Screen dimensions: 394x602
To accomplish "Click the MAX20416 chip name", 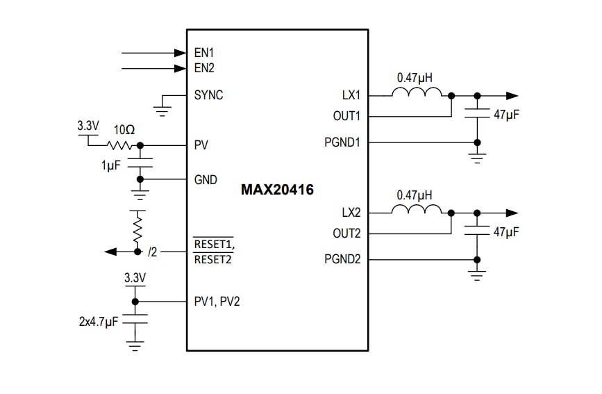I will pyautogui.click(x=277, y=190).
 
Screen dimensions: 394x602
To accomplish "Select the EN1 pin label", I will pyautogui.click(x=204, y=53).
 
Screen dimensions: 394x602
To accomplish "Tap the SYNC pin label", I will pyautogui.click(x=208, y=95).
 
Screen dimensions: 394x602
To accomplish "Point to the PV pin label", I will pyautogui.click(x=201, y=145).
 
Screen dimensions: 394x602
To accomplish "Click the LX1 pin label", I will pyautogui.click(x=351, y=95).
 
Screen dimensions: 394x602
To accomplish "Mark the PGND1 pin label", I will pyautogui.click(x=342, y=142).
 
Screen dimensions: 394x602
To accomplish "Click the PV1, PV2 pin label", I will pyautogui.click(x=217, y=302).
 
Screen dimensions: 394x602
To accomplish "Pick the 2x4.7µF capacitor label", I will pyautogui.click(x=99, y=323).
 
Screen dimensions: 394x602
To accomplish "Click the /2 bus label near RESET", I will pyautogui.click(x=153, y=252).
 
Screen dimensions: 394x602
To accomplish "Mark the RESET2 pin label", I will pyautogui.click(x=212, y=259).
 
